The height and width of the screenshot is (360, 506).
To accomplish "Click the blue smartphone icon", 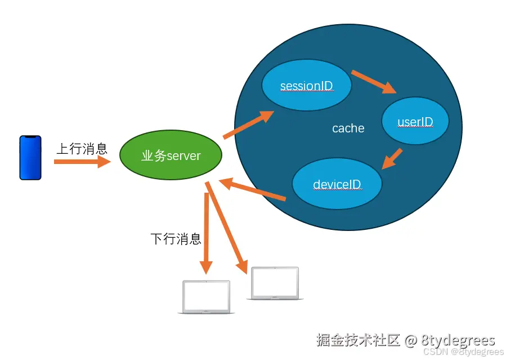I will pyautogui.click(x=30, y=158).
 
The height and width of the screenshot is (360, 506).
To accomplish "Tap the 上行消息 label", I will pyautogui.click(x=82, y=149).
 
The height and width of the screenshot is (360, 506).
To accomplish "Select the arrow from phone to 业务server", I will pyautogui.click(x=82, y=162).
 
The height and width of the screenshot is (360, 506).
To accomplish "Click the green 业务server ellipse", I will pyautogui.click(x=171, y=155).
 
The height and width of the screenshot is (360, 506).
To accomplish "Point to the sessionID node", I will pyautogui.click(x=307, y=86).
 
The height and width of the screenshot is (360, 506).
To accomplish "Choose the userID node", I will pyautogui.click(x=415, y=121).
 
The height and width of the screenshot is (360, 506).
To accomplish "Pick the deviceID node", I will pyautogui.click(x=337, y=184).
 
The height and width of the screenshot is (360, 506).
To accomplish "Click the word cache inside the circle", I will pyautogui.click(x=348, y=128).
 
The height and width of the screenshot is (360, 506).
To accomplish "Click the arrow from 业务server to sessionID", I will pyautogui.click(x=248, y=125).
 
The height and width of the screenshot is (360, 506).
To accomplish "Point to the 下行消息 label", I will pyautogui.click(x=176, y=239).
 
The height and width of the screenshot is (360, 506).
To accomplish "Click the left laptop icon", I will pyautogui.click(x=207, y=297).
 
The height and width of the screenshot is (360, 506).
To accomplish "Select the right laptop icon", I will pyautogui.click(x=275, y=283).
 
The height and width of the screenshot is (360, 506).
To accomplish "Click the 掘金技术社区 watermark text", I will pyautogui.click(x=358, y=340).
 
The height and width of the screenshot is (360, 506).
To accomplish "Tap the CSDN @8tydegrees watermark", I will pyautogui.click(x=463, y=352).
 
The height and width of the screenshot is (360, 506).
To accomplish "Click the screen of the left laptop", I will pyautogui.click(x=207, y=295).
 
